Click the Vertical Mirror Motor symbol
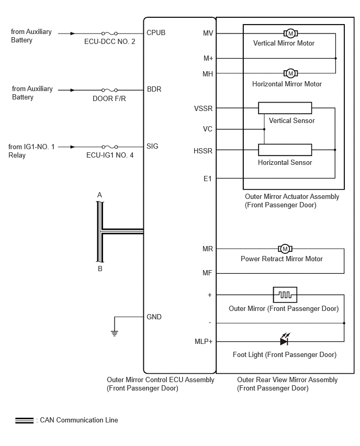click(290, 34)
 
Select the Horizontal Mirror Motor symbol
click(290, 73)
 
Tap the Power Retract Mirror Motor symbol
click(285, 249)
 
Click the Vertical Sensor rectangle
click(285, 108)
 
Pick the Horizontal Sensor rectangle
click(285, 150)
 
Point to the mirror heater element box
click(285, 295)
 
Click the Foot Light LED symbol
click(284, 340)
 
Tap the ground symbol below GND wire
click(114, 333)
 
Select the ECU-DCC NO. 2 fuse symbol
click(109, 34)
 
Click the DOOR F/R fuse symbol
click(109, 90)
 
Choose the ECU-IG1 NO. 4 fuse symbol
click(109, 147)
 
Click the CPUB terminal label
click(156, 32)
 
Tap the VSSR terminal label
click(204, 109)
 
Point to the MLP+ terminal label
click(204, 341)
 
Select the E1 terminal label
click(208, 179)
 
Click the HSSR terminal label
click(203, 151)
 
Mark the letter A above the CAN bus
click(99, 195)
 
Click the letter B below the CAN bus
click(100, 269)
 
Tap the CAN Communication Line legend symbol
click(25, 420)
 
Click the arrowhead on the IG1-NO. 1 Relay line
click(73, 147)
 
